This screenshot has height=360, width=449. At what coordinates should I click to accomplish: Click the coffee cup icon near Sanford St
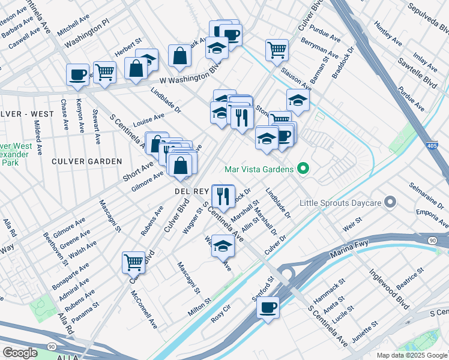pos(268,307)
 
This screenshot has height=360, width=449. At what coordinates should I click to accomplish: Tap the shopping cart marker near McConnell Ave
pos(133,262)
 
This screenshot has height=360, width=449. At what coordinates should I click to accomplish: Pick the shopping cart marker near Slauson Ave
pos(277,50)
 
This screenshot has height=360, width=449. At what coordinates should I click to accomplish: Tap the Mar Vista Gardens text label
pos(261,169)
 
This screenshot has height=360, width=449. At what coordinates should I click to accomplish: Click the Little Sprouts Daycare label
pos(341,202)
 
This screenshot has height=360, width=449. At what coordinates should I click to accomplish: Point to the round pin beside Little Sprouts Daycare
pos(390,202)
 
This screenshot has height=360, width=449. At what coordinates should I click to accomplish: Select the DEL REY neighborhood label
pos(190,190)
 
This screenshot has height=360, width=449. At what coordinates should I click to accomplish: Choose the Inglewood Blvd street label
pos(391,289)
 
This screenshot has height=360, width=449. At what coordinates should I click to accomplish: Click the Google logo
pos(20,352)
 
